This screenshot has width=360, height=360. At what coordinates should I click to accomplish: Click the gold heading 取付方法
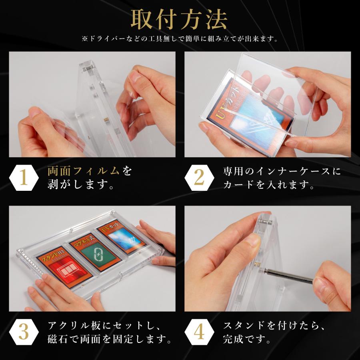(x=180, y=19)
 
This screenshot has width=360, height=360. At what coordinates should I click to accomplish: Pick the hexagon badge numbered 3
(x=24, y=333)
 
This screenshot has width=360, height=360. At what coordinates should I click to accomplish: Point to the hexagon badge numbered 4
(x=199, y=333)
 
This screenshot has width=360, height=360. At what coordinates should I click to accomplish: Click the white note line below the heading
(x=180, y=39)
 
